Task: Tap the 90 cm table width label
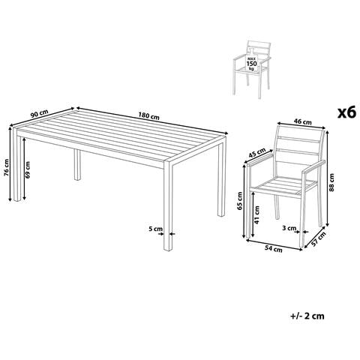[x=40, y=114]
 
